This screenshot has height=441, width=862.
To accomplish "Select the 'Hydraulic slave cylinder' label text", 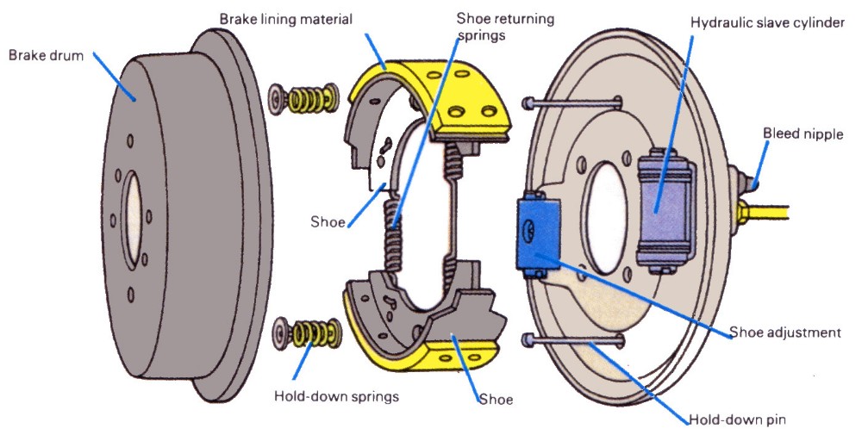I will coord(767,22).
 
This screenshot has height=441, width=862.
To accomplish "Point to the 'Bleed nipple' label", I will coord(803,134).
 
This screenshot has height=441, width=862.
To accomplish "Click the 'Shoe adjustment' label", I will coord(784,332).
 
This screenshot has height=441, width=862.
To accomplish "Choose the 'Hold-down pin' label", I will coord(737,421).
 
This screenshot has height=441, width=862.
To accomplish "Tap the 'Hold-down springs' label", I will coord(335,397).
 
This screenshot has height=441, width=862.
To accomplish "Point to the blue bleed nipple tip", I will coord(755,183).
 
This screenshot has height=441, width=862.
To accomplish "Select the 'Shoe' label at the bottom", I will coord(496,400).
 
